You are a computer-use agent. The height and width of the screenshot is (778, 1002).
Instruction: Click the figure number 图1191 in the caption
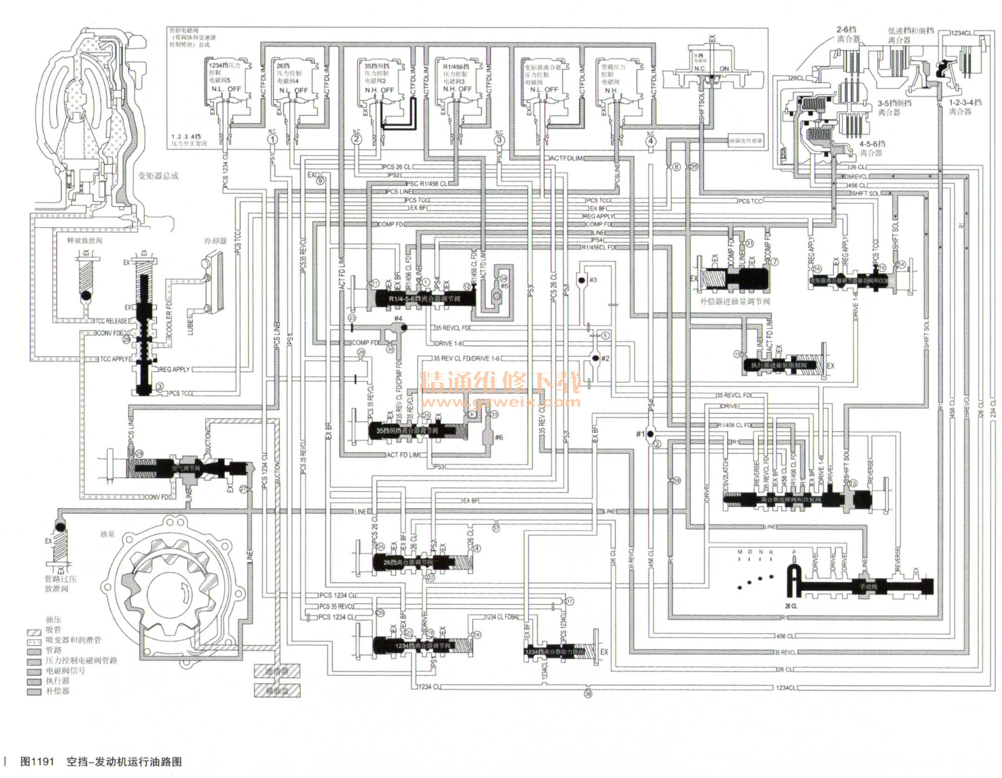tap(38, 762)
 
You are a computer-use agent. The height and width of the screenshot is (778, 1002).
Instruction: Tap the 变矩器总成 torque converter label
tap(158, 176)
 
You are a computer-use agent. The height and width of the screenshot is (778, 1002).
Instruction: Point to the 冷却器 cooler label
tap(216, 241)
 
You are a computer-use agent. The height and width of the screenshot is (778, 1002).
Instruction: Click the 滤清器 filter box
tap(277, 671)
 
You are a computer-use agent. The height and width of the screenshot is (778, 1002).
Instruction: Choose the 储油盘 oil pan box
tap(277, 691)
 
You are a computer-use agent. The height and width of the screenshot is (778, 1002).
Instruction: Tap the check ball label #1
tap(640, 434)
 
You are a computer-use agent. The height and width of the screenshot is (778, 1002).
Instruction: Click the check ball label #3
tap(592, 280)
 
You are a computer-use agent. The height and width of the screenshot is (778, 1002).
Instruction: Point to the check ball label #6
tap(499, 437)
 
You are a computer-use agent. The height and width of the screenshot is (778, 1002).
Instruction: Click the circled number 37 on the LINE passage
tap(496, 528)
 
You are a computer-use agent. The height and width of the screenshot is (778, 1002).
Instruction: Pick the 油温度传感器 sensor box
tap(746, 140)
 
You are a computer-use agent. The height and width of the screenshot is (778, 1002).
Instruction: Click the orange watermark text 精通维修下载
tap(501, 382)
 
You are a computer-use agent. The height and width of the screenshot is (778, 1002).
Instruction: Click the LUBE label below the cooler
tap(190, 326)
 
